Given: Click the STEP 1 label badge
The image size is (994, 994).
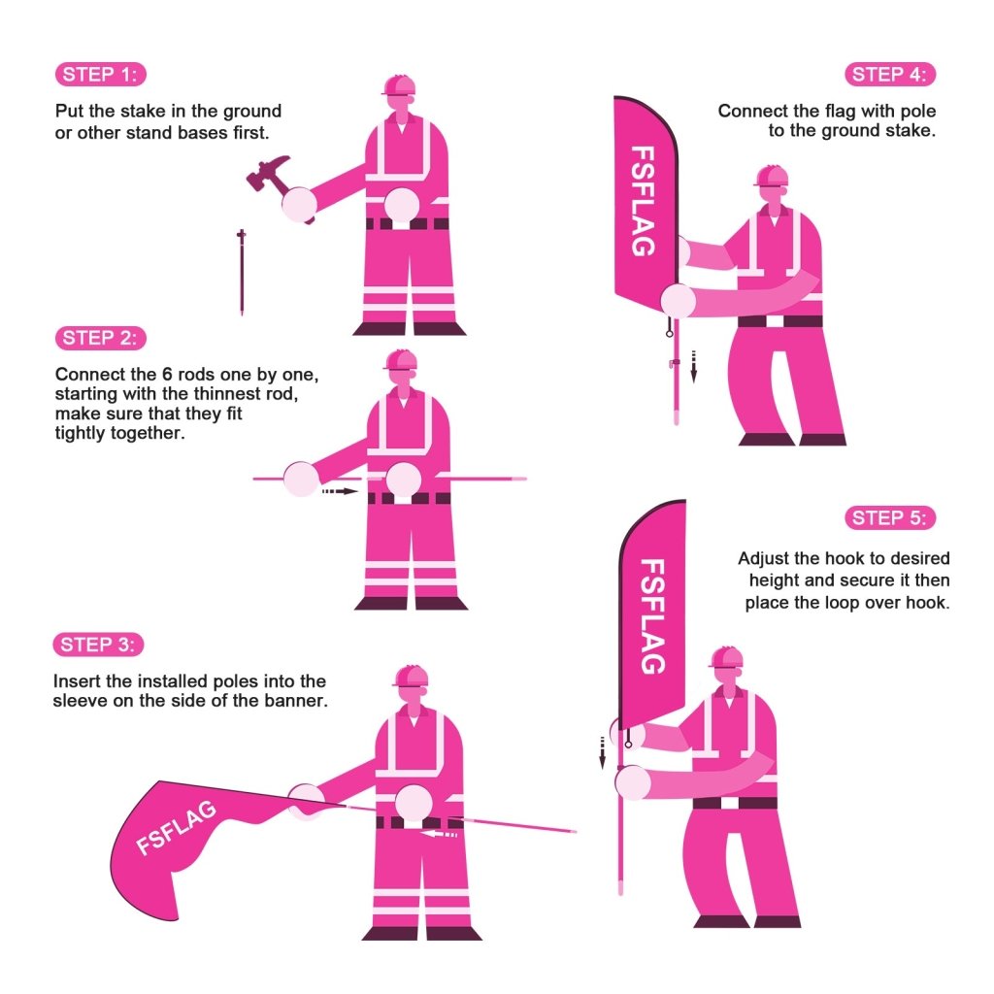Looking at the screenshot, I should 101,75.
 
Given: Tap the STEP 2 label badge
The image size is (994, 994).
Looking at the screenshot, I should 101,338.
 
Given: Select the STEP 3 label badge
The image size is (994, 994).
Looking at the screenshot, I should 101,645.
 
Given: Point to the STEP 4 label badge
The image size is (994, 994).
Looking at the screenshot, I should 891,75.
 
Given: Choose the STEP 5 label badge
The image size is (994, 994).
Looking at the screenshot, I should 891,517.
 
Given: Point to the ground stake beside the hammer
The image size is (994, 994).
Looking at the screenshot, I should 242,272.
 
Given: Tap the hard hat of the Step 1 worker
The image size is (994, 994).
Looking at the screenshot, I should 399,85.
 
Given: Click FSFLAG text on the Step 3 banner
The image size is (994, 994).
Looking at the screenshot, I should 176,827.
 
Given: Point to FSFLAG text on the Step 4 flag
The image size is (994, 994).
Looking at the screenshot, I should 642,201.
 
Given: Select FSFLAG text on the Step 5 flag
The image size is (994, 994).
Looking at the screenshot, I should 653,616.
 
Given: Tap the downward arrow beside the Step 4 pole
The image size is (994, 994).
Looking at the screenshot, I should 694,366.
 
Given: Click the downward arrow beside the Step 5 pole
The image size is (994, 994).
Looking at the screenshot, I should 602,752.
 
